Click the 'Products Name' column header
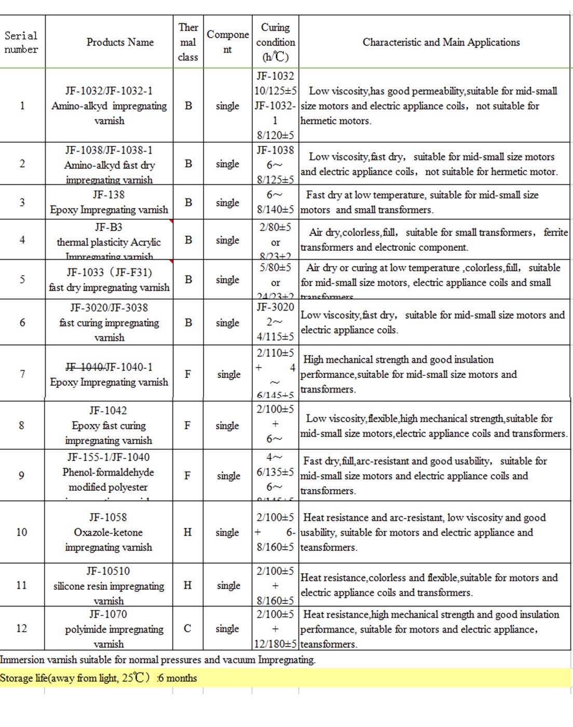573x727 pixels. (120, 42)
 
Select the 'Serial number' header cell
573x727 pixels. (21, 43)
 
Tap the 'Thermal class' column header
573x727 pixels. (188, 42)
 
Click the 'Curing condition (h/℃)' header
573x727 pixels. (275, 42)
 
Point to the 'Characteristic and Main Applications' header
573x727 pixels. (441, 42)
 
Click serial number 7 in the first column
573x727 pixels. (22, 374)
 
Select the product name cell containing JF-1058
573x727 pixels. (108, 532)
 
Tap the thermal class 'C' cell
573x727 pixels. (187, 628)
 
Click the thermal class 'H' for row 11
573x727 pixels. (187, 585)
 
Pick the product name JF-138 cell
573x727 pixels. (109, 202)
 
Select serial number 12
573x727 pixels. (21, 628)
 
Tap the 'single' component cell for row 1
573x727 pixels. (227, 106)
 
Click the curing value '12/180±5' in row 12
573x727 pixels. (275, 644)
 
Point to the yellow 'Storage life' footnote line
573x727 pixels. (99, 678)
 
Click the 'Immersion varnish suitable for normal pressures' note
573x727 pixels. (157, 660)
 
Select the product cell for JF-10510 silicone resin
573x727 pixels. (108, 585)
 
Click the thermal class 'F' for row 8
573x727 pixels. (187, 425)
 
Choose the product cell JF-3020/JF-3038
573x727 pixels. (109, 322)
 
